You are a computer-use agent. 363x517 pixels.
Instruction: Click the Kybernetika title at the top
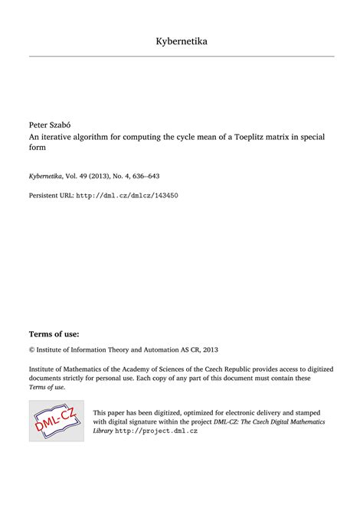tap(181, 41)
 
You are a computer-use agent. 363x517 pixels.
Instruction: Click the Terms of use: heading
tap(54, 334)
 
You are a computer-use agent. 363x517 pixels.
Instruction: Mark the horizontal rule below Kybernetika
tap(181, 57)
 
